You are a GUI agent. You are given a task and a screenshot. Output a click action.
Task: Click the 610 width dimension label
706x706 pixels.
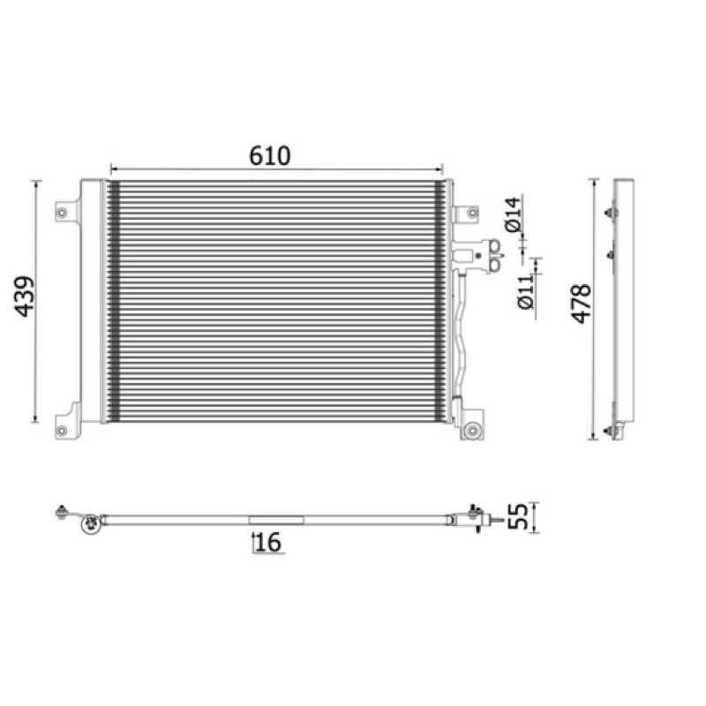[x=270, y=156]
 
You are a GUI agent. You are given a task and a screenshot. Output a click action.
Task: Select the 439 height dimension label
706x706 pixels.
[x=24, y=297]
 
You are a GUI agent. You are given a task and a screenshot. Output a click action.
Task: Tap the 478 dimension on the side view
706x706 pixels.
[x=581, y=304]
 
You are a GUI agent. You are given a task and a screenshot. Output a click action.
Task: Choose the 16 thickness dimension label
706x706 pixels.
[x=268, y=542]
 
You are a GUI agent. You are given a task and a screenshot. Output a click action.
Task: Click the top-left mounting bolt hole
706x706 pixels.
[x=62, y=212]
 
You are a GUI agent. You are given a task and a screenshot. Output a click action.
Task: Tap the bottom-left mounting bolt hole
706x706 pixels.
[x=62, y=431]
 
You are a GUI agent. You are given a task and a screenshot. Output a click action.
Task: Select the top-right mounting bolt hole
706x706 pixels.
[x=472, y=213]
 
